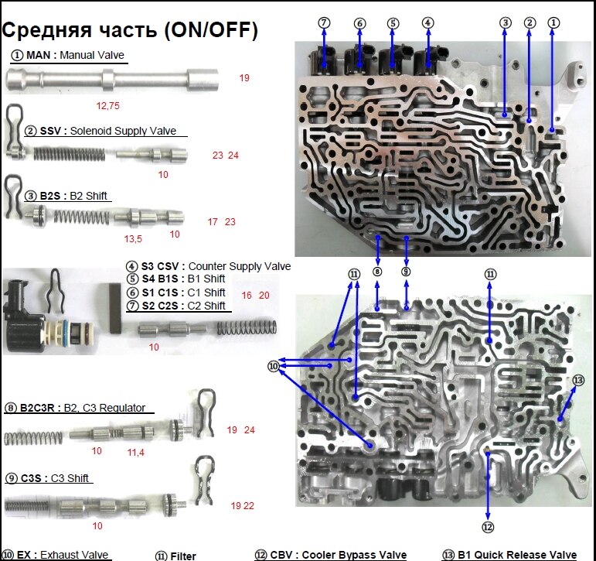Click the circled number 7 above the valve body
point(325,23)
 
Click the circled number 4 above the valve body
point(428,23)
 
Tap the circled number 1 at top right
point(553,23)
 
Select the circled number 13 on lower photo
point(579,380)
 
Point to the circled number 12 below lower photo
point(488,527)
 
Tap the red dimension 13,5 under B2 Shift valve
point(133,238)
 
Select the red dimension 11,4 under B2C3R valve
point(137,451)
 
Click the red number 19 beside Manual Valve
point(244,78)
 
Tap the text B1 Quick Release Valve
point(516,555)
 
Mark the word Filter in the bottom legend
point(184,556)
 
